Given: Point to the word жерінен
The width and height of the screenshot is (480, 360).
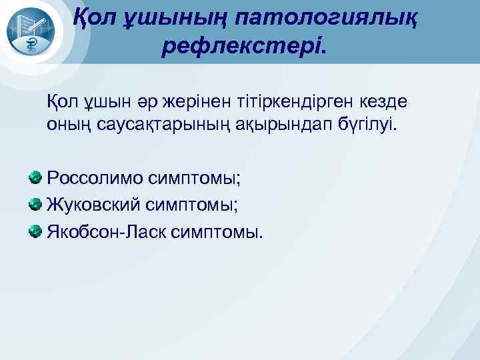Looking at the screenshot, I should pos(187,103).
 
